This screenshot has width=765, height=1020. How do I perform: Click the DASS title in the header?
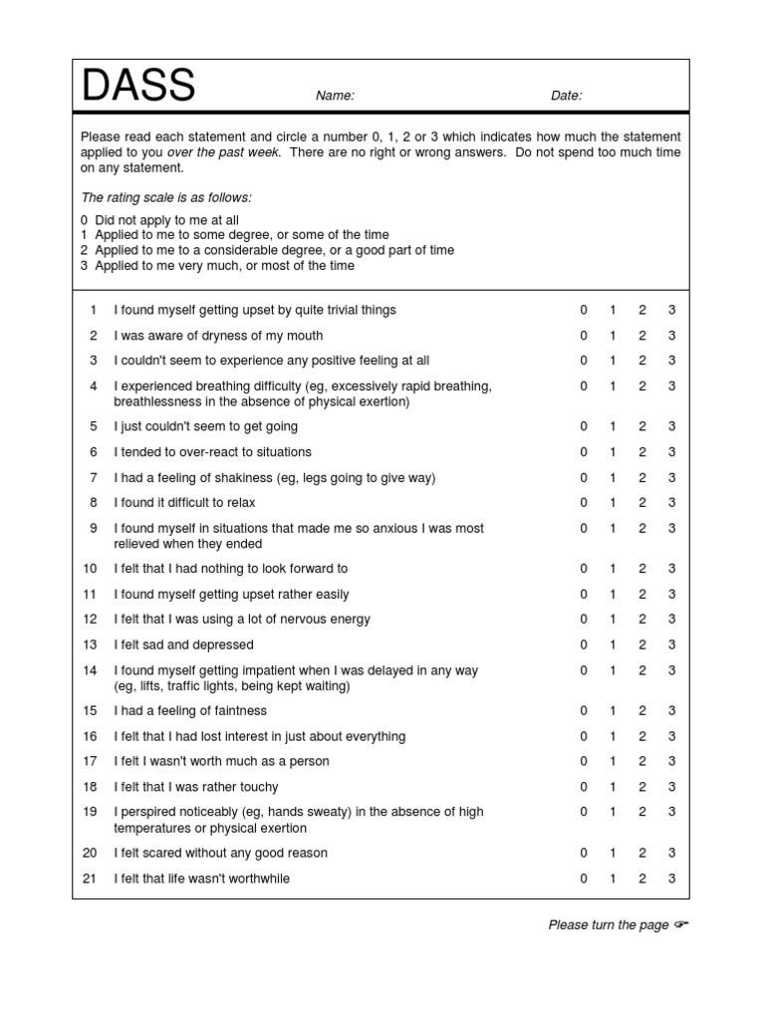tap(138, 87)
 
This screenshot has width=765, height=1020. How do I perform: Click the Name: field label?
tap(335, 96)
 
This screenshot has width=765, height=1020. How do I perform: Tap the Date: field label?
tap(566, 96)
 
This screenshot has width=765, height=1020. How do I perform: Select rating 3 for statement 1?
tap(671, 310)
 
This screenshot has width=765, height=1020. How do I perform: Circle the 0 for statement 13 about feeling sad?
tap(584, 644)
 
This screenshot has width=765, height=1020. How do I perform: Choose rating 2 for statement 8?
tap(642, 503)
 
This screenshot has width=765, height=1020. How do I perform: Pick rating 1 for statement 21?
tap(613, 879)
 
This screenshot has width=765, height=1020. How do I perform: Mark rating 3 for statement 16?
tap(671, 736)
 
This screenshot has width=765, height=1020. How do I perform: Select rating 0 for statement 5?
tap(584, 426)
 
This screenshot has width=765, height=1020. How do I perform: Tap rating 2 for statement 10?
tap(642, 569)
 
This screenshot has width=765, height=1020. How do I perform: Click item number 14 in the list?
tap(91, 670)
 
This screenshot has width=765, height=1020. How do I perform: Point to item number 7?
tap(94, 477)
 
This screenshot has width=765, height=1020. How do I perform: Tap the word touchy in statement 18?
tap(259, 787)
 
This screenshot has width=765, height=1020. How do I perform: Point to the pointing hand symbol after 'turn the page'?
tap(680, 925)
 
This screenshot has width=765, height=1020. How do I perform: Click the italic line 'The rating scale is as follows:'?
tap(165, 197)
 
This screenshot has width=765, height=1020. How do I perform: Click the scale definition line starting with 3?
tap(217, 266)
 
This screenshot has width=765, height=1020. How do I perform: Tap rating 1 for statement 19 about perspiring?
tap(613, 812)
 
